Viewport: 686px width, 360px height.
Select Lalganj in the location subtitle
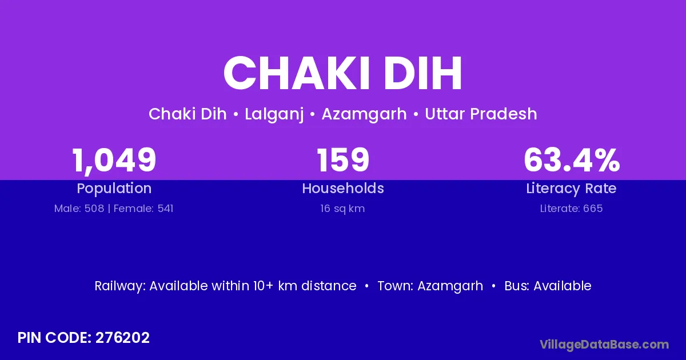pos(274,114)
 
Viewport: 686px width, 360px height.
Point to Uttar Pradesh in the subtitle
pos(481,114)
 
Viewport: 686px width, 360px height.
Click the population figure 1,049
pos(114,161)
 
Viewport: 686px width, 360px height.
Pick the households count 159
pos(343,160)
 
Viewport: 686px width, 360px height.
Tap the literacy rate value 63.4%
pos(572,160)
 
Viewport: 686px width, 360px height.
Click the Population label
pos(114,189)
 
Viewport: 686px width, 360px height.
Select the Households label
pos(343,188)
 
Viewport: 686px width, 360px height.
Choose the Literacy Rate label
pos(572,189)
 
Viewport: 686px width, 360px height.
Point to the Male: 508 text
pos(79,209)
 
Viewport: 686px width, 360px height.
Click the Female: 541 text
pos(143,209)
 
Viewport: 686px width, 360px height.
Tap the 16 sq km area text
pos(342,209)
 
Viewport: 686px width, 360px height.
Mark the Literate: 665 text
pos(572,209)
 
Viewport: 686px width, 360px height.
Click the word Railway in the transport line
pos(119,286)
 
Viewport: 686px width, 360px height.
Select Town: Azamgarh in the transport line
pos(430,286)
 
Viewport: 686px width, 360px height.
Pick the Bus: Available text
pos(548,286)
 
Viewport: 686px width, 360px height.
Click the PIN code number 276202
pos(122,338)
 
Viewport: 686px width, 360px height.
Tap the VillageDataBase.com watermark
pos(605,345)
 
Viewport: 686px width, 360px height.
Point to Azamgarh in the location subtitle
pos(364,114)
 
